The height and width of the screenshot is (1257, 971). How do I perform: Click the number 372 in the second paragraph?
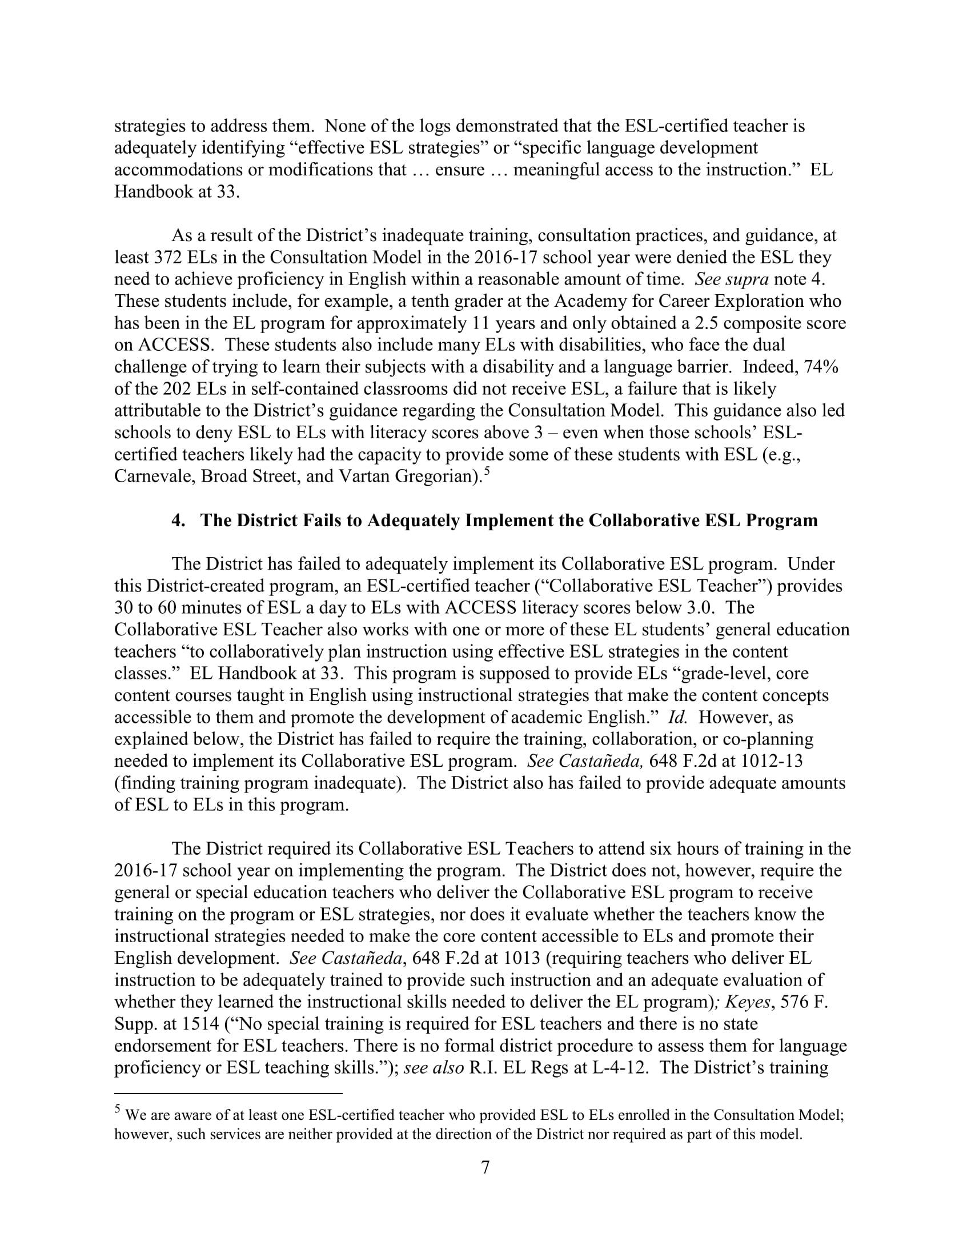coord(170,257)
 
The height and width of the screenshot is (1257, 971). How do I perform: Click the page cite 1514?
coord(180,1024)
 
